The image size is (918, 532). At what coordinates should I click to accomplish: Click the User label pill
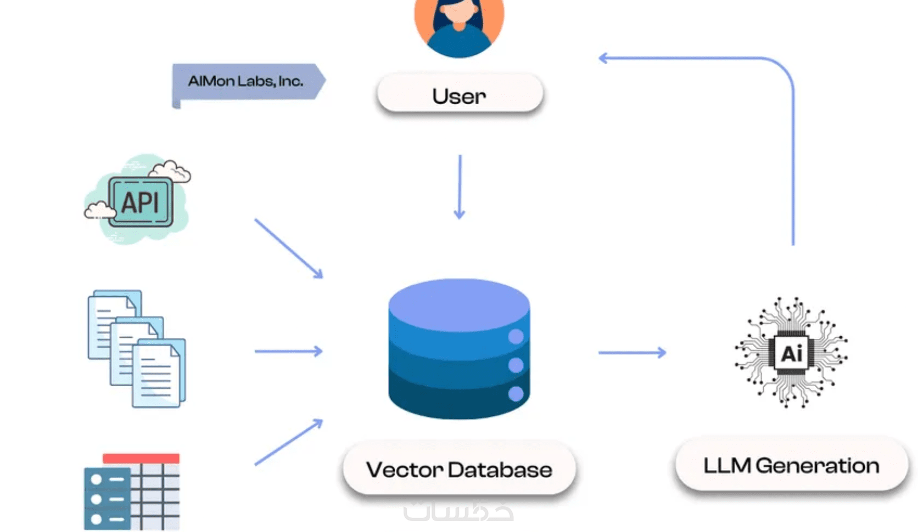[460, 94]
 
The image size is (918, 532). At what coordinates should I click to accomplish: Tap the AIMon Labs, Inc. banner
[246, 82]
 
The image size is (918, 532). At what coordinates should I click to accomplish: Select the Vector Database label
[459, 469]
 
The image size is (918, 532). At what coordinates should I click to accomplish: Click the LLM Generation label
[791, 465]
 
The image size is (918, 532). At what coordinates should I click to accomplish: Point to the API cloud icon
[139, 201]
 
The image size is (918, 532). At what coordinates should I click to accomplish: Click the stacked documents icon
[137, 349]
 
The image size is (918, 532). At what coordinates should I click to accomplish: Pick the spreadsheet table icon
[132, 491]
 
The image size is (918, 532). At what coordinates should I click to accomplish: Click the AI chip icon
[791, 353]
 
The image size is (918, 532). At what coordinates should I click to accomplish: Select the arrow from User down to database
[460, 186]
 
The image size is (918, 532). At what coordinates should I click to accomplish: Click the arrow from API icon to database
[288, 248]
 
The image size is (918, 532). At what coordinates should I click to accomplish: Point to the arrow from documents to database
[288, 351]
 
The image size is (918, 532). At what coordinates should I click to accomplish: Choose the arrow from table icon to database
[288, 442]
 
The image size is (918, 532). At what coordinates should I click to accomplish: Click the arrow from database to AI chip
[632, 353]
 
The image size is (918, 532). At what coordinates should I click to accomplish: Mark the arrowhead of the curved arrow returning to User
[603, 58]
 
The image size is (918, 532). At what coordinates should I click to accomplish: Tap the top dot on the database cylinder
[516, 336]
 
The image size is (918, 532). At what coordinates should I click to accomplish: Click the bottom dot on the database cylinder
[516, 393]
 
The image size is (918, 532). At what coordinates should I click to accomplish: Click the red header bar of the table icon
[141, 458]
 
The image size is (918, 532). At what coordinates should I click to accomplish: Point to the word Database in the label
[500, 469]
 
